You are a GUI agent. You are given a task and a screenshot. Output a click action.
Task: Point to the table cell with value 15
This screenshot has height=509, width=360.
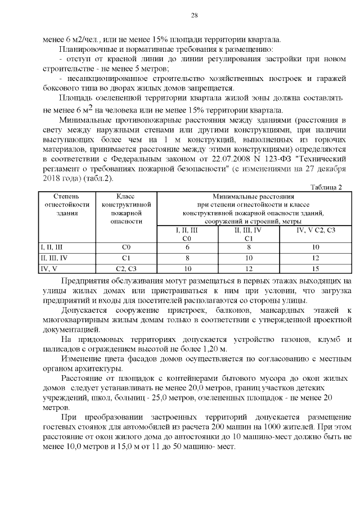tap(315, 268)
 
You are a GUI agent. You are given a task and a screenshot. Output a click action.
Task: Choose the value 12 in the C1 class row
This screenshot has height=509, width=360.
tap(315, 257)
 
